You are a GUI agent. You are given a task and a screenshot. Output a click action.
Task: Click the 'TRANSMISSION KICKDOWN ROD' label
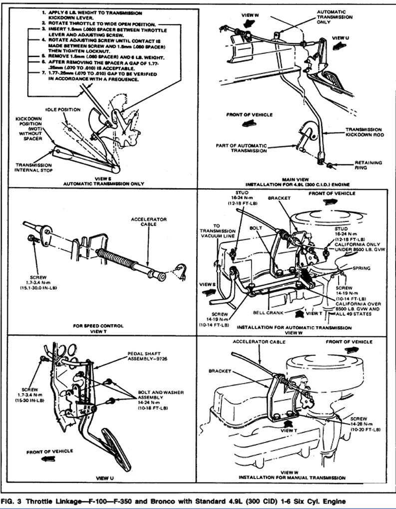click(363, 132)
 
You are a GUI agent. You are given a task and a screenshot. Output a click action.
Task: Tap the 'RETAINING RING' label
click(368, 165)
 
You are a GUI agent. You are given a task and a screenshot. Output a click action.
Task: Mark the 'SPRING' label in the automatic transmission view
click(361, 268)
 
